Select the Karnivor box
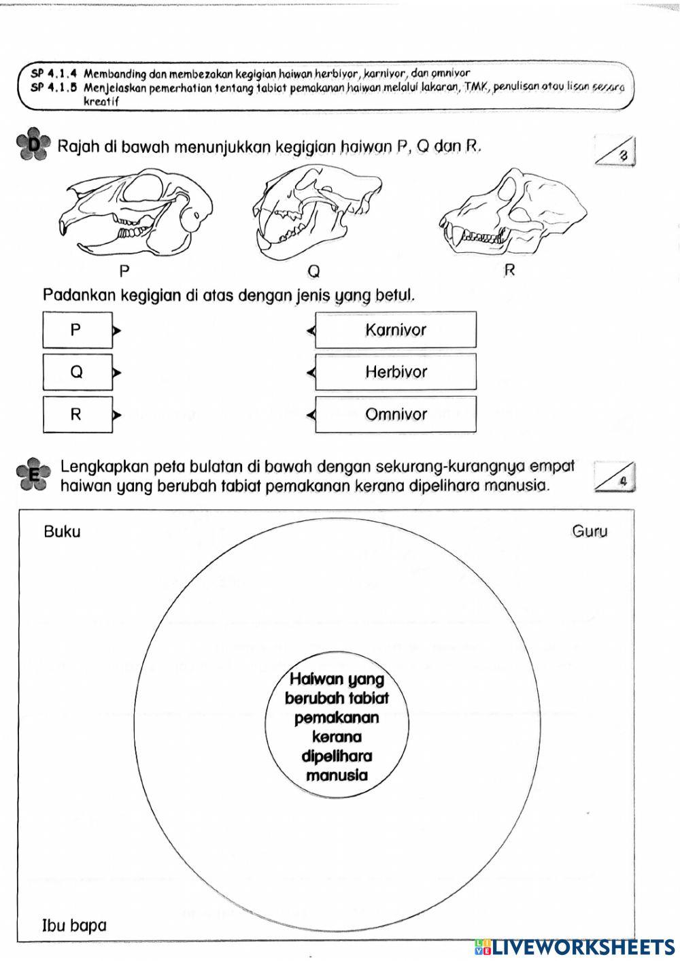point(396,331)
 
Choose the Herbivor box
point(396,372)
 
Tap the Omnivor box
point(396,414)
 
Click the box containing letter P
point(77,331)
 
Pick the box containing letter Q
point(77,373)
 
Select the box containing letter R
point(77,415)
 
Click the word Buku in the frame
point(62,532)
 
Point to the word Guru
point(590,531)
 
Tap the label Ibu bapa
point(75,925)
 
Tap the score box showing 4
point(615,477)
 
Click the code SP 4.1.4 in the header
point(54,73)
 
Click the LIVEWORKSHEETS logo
point(575,947)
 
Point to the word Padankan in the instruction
point(80,296)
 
